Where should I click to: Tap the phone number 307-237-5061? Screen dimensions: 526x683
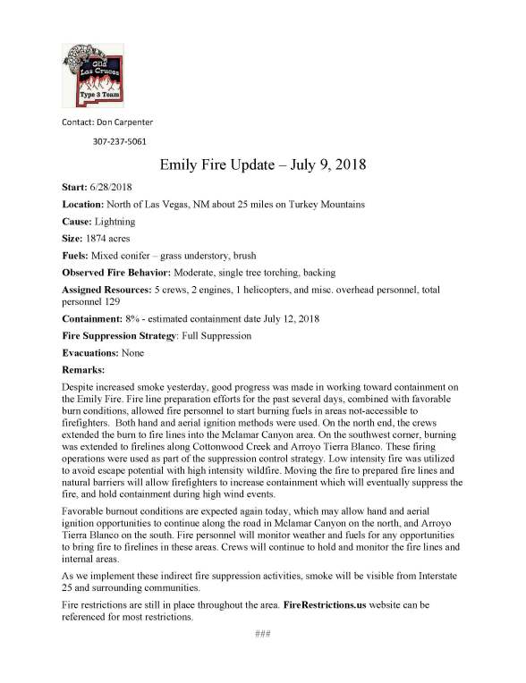tap(120, 141)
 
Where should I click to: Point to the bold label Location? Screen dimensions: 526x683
tap(81, 205)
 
